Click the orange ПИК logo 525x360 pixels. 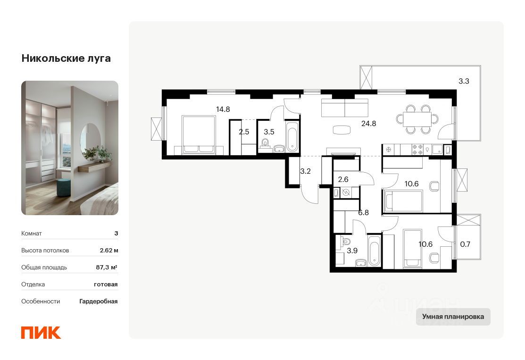click(41, 333)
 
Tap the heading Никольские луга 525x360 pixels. click(66, 58)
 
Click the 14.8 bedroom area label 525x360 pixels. click(223, 109)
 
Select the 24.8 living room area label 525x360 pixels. click(369, 124)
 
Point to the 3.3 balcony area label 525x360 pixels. click(464, 81)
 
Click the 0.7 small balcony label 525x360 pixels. click(465, 244)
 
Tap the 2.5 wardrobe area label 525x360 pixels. click(244, 132)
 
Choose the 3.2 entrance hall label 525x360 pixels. click(305, 171)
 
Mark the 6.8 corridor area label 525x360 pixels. click(363, 213)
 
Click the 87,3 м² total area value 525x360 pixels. click(107, 267)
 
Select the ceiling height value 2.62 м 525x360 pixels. click(109, 250)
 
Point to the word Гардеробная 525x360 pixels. click(99, 301)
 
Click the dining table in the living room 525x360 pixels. click(417, 119)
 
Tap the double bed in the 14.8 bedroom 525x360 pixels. click(199, 135)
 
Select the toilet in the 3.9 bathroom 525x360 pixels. click(346, 241)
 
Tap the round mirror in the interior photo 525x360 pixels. click(91, 138)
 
